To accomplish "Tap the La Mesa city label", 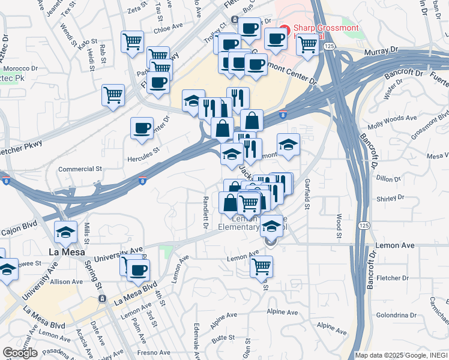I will click(x=65, y=253).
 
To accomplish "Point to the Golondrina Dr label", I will click(x=396, y=315).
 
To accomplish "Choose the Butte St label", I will click(x=223, y=338).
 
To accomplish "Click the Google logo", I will click(x=20, y=353).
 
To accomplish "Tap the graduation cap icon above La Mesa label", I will click(x=66, y=231).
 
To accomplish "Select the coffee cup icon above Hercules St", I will click(x=142, y=128).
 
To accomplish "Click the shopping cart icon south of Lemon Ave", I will click(x=262, y=266).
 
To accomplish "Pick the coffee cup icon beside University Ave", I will click(x=138, y=270).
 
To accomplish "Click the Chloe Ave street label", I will click(x=168, y=28).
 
